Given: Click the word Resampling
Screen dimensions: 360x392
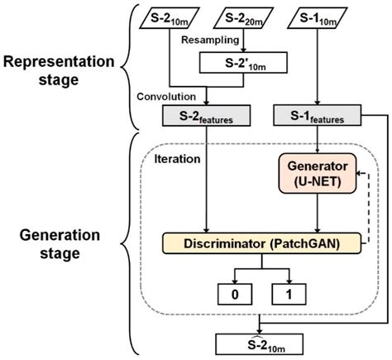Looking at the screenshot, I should click(209, 39).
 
